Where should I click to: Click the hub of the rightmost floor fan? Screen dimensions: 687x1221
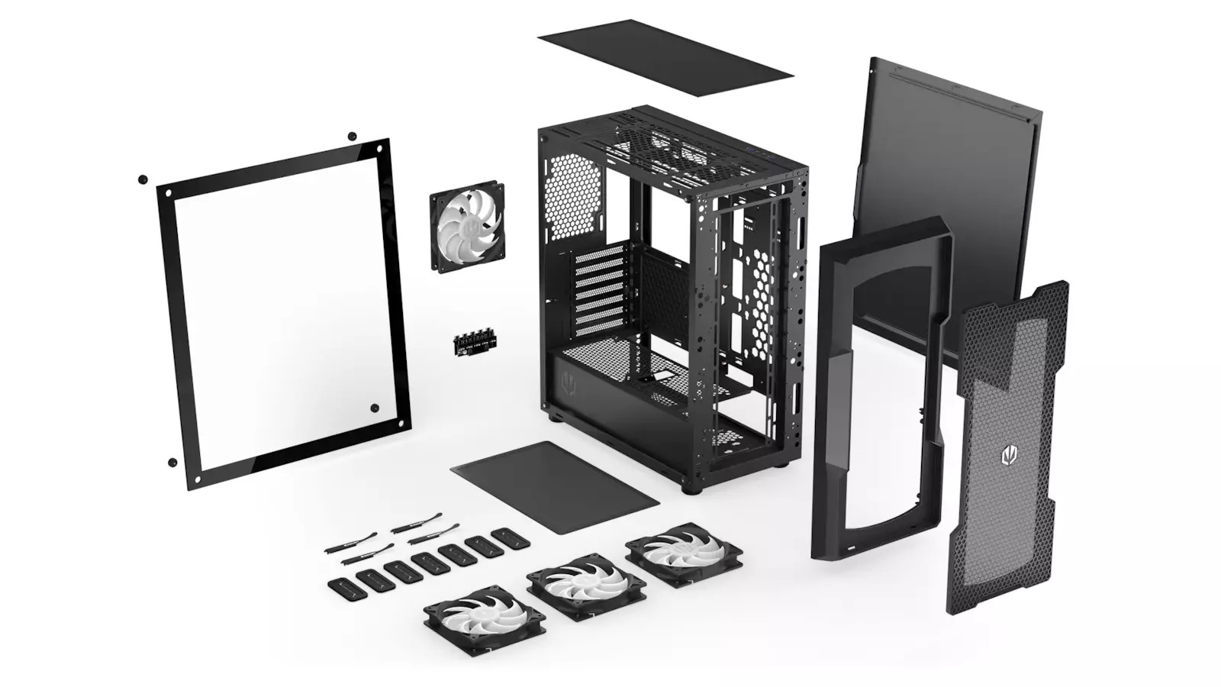pyautogui.click(x=684, y=552)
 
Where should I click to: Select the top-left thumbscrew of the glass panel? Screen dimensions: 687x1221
pyautogui.click(x=143, y=179)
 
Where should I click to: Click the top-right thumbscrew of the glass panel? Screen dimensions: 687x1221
pyautogui.click(x=352, y=136)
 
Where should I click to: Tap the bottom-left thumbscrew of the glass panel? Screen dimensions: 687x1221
pyautogui.click(x=172, y=462)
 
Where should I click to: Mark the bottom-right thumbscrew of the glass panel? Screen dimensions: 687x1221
pyautogui.click(x=375, y=408)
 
